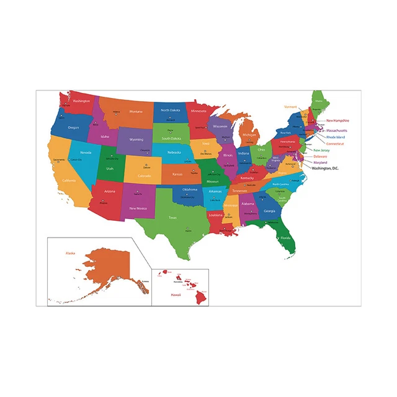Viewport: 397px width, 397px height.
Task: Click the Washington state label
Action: pyautogui.click(x=81, y=100)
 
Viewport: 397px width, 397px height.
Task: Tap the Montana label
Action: pyautogui.click(x=136, y=111)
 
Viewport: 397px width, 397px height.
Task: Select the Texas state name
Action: pyautogui.click(x=173, y=217)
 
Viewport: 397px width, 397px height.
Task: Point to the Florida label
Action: pyautogui.click(x=285, y=238)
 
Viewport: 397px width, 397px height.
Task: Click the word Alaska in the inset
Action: pyautogui.click(x=70, y=253)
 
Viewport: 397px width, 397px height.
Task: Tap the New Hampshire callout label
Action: pyautogui.click(x=337, y=120)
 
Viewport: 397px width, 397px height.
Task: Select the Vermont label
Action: pyautogui.click(x=291, y=107)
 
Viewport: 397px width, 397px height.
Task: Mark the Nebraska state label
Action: pyautogui.click(x=174, y=153)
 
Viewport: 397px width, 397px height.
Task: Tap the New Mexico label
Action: pyautogui.click(x=138, y=208)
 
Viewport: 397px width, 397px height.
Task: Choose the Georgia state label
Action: pyautogui.click(x=269, y=211)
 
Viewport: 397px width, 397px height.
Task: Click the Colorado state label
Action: pyautogui.click(x=145, y=176)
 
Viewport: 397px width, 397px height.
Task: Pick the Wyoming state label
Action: pyautogui.click(x=136, y=140)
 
